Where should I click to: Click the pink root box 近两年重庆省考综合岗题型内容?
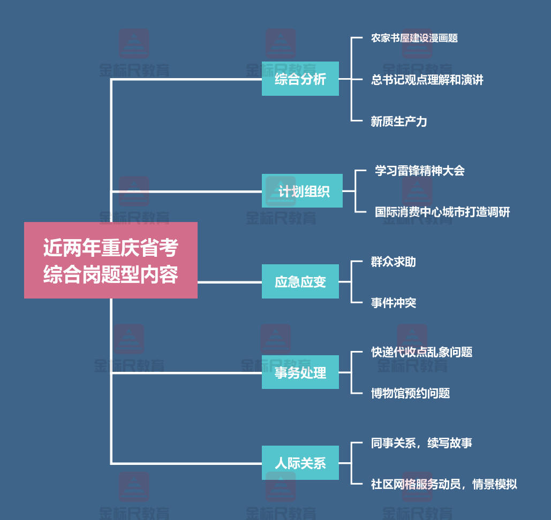[x=111, y=260]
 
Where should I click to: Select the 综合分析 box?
[x=300, y=79]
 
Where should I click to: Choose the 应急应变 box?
[x=300, y=281]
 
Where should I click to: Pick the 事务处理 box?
[x=300, y=372]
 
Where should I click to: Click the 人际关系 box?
[x=300, y=463]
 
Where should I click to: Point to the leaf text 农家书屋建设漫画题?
[x=414, y=38]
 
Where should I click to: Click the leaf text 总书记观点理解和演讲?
[x=427, y=80]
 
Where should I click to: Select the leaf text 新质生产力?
[x=398, y=121]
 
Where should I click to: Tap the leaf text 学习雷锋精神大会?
[x=419, y=171]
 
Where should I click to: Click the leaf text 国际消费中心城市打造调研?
[x=442, y=212]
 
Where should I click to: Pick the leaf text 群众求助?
[x=393, y=262]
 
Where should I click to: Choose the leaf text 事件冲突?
[x=393, y=303]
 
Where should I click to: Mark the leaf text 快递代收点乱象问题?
[x=421, y=352]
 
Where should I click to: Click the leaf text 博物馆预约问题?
[x=410, y=393]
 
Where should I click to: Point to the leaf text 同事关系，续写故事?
[x=421, y=443]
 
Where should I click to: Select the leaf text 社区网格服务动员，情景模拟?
[x=444, y=484]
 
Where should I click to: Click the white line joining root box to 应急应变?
[x=229, y=282]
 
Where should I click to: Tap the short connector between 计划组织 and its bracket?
[x=349, y=191]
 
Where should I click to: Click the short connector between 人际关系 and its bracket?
[x=345, y=463]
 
